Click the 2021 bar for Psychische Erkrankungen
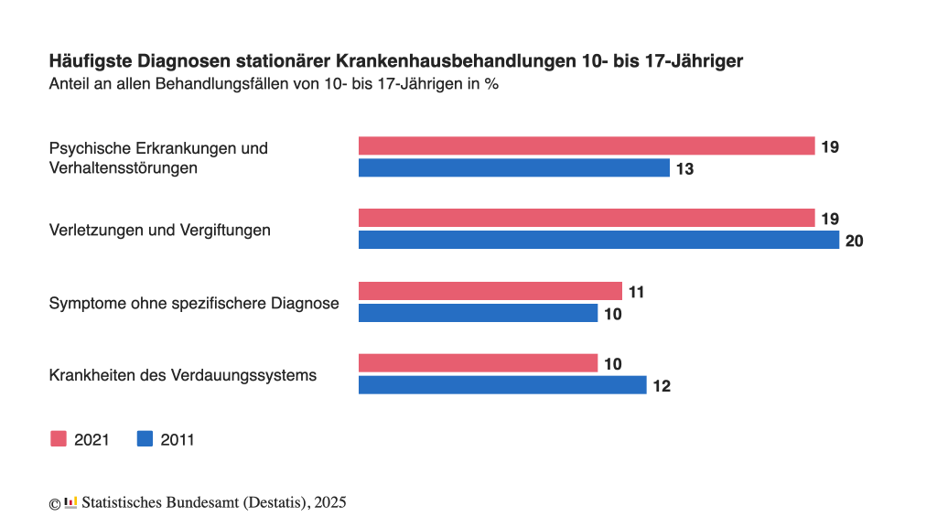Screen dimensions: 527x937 tap(586, 146)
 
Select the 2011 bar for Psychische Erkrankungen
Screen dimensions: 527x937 tap(513, 168)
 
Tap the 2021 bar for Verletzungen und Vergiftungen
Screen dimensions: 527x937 tap(586, 219)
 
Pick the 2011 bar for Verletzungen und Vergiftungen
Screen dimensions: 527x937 tap(598, 241)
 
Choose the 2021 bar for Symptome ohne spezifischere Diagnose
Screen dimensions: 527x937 tap(490, 292)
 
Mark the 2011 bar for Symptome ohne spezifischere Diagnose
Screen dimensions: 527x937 tap(478, 314)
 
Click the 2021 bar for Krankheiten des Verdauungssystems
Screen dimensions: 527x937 tap(478, 363)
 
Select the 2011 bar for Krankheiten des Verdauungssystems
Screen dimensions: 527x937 tap(502, 385)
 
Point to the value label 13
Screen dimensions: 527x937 tap(684, 169)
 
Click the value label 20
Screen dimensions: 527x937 tap(855, 242)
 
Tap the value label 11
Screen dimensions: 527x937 tap(637, 293)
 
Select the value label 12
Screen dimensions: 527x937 tap(661, 386)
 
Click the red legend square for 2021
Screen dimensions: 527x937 tap(59, 439)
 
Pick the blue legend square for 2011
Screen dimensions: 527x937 tap(145, 439)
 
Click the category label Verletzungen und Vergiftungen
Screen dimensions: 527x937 tap(159, 231)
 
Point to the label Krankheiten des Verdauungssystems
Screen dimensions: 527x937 tap(182, 375)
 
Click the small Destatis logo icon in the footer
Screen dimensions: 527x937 tap(70, 502)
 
